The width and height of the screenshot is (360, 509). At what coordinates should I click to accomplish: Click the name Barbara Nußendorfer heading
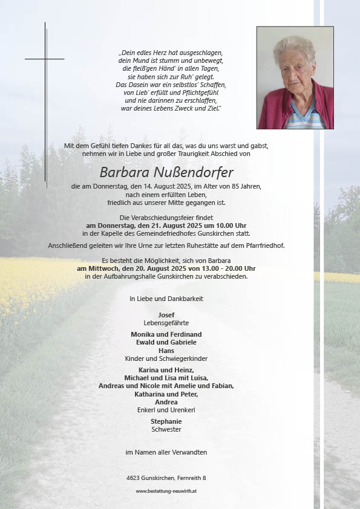tap(166, 172)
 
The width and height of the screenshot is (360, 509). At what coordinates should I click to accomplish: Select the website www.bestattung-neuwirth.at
tap(166, 491)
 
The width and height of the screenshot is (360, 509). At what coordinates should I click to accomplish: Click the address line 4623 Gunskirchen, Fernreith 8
tap(166, 478)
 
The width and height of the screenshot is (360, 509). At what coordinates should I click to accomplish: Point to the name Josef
tap(166, 316)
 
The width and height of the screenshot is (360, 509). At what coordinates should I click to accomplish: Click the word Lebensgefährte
tap(166, 323)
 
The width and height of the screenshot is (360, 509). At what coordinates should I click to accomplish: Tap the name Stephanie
tap(166, 421)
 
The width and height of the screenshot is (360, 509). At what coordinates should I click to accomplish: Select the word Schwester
tap(166, 429)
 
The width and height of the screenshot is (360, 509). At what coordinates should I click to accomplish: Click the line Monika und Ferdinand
tap(166, 334)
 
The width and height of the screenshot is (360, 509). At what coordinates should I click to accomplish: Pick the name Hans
tap(166, 351)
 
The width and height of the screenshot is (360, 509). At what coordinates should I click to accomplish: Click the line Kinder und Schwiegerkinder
tap(166, 358)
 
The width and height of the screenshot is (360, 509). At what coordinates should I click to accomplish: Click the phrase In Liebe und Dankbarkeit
tap(166, 299)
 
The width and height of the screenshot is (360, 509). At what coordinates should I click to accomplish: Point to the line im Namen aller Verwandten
tap(166, 452)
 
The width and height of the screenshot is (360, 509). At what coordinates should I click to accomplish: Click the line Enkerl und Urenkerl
tap(166, 410)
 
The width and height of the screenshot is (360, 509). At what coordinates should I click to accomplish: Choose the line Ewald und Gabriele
tap(166, 342)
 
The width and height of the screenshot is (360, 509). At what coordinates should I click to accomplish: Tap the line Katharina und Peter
tap(166, 394)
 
